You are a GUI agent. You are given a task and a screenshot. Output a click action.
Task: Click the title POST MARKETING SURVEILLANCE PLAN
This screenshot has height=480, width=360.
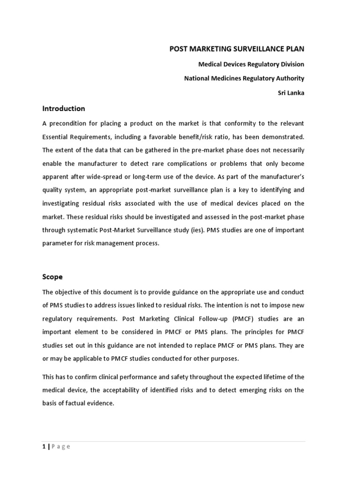tap(237, 49)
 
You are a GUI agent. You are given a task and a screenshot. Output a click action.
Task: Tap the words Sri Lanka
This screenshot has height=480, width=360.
tap(291, 93)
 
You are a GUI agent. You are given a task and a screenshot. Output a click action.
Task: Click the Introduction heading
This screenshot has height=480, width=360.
tap(64, 108)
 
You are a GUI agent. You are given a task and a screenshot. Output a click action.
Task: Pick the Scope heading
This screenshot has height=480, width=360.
tap(52, 277)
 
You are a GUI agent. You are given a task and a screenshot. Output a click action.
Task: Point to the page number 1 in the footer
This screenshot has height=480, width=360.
tap(44, 446)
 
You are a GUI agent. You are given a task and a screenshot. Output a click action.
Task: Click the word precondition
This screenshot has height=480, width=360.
tap(70, 123)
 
